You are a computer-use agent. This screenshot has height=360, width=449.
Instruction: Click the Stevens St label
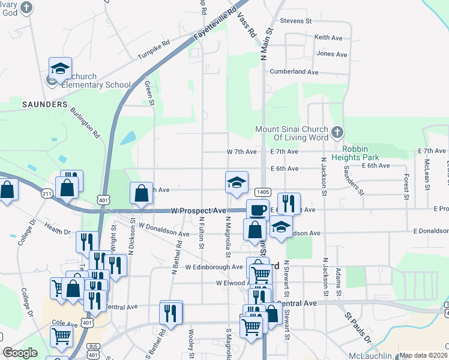coord(296,20)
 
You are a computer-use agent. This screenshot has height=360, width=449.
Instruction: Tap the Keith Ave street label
coord(328,37)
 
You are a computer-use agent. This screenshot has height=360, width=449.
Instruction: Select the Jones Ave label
coord(332,54)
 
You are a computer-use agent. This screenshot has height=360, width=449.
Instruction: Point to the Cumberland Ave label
coord(294,71)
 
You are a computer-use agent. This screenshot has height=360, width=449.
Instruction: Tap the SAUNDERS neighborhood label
coord(44,104)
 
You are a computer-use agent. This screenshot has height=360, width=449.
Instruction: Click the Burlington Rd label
coord(84,122)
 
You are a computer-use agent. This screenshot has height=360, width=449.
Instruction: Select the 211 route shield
coord(47,194)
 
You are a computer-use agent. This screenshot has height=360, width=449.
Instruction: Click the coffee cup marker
coord(258,211)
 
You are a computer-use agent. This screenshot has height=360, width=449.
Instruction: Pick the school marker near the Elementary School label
coord(60,69)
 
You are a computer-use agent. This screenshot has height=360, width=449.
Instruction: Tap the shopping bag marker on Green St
coord(142,194)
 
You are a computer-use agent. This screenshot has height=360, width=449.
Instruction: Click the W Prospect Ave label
coord(198,211)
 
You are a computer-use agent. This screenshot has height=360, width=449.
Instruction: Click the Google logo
coord(20,353)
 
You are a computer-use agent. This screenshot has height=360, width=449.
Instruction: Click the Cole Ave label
coord(61,322)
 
